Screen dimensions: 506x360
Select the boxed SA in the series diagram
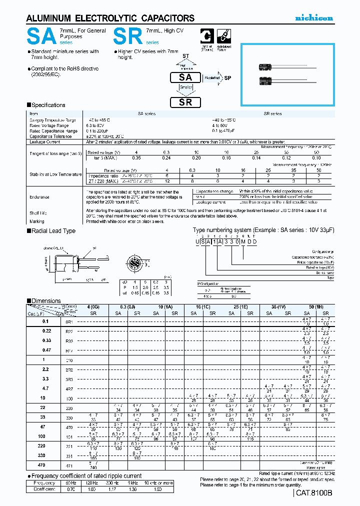point(185,77)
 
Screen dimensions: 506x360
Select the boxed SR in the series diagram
point(185,102)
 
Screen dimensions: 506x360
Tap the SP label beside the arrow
point(227,78)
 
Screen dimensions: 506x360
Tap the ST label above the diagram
point(185,56)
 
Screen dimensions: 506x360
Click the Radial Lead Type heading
point(53,230)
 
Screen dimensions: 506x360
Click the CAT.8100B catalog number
point(313,493)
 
